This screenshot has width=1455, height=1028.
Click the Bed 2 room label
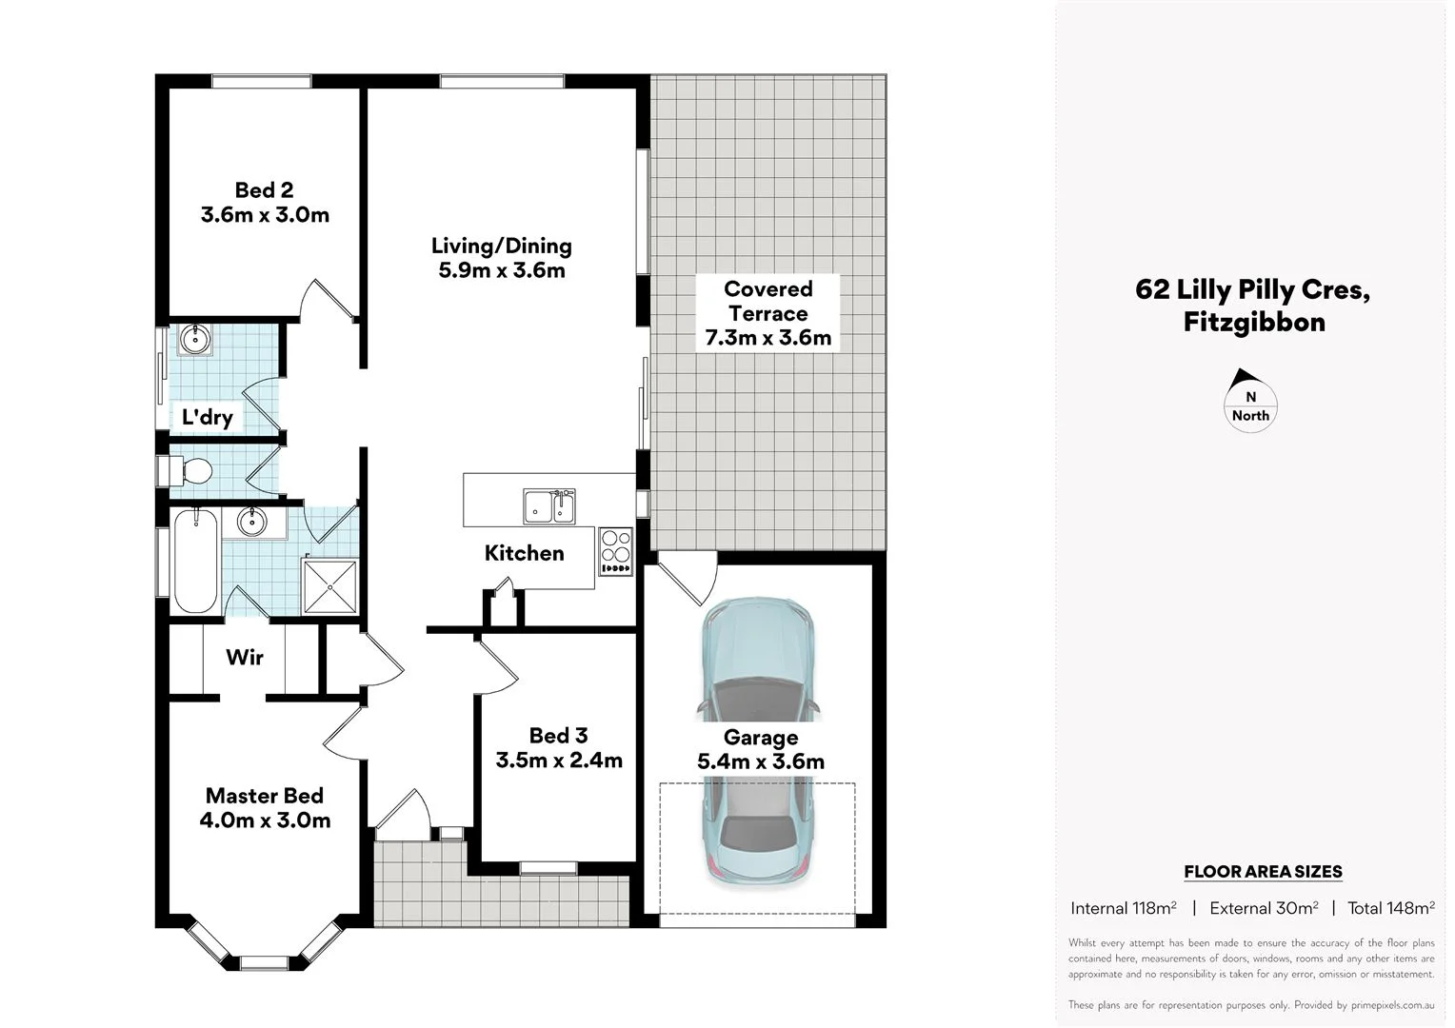[264, 190]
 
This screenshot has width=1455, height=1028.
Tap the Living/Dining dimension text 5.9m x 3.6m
[502, 271]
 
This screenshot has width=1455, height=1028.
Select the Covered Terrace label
[767, 301]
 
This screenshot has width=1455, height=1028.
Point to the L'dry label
[208, 417]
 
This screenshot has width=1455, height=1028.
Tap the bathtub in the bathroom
[195, 562]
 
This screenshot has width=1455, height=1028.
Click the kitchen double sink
[549, 505]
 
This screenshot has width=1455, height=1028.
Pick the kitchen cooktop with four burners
[616, 551]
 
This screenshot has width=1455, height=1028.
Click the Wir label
[245, 658]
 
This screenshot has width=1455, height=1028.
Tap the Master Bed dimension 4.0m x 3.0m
[265, 820]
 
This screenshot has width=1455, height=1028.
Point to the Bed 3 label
[558, 736]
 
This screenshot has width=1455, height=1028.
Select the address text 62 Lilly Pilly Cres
[1253, 289]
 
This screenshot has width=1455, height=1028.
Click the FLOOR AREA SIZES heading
[1263, 872]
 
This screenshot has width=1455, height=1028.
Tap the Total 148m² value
[1390, 908]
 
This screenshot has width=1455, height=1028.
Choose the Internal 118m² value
[1124, 908]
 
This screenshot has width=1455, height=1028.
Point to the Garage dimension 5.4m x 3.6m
[761, 762]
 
